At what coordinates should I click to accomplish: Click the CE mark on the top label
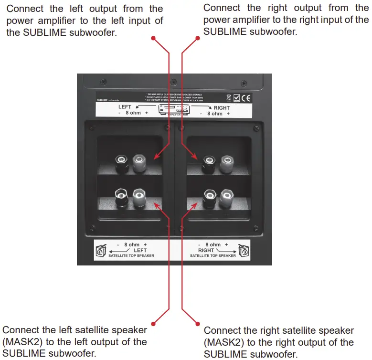(247, 98)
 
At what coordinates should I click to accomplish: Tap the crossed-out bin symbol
(229, 98)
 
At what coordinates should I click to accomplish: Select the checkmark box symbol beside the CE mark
(236, 98)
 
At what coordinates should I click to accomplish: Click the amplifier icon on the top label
(175, 109)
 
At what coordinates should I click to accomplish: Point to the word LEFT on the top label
(125, 107)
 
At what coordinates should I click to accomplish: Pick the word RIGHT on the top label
(222, 108)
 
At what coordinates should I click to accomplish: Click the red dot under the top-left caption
(153, 37)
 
